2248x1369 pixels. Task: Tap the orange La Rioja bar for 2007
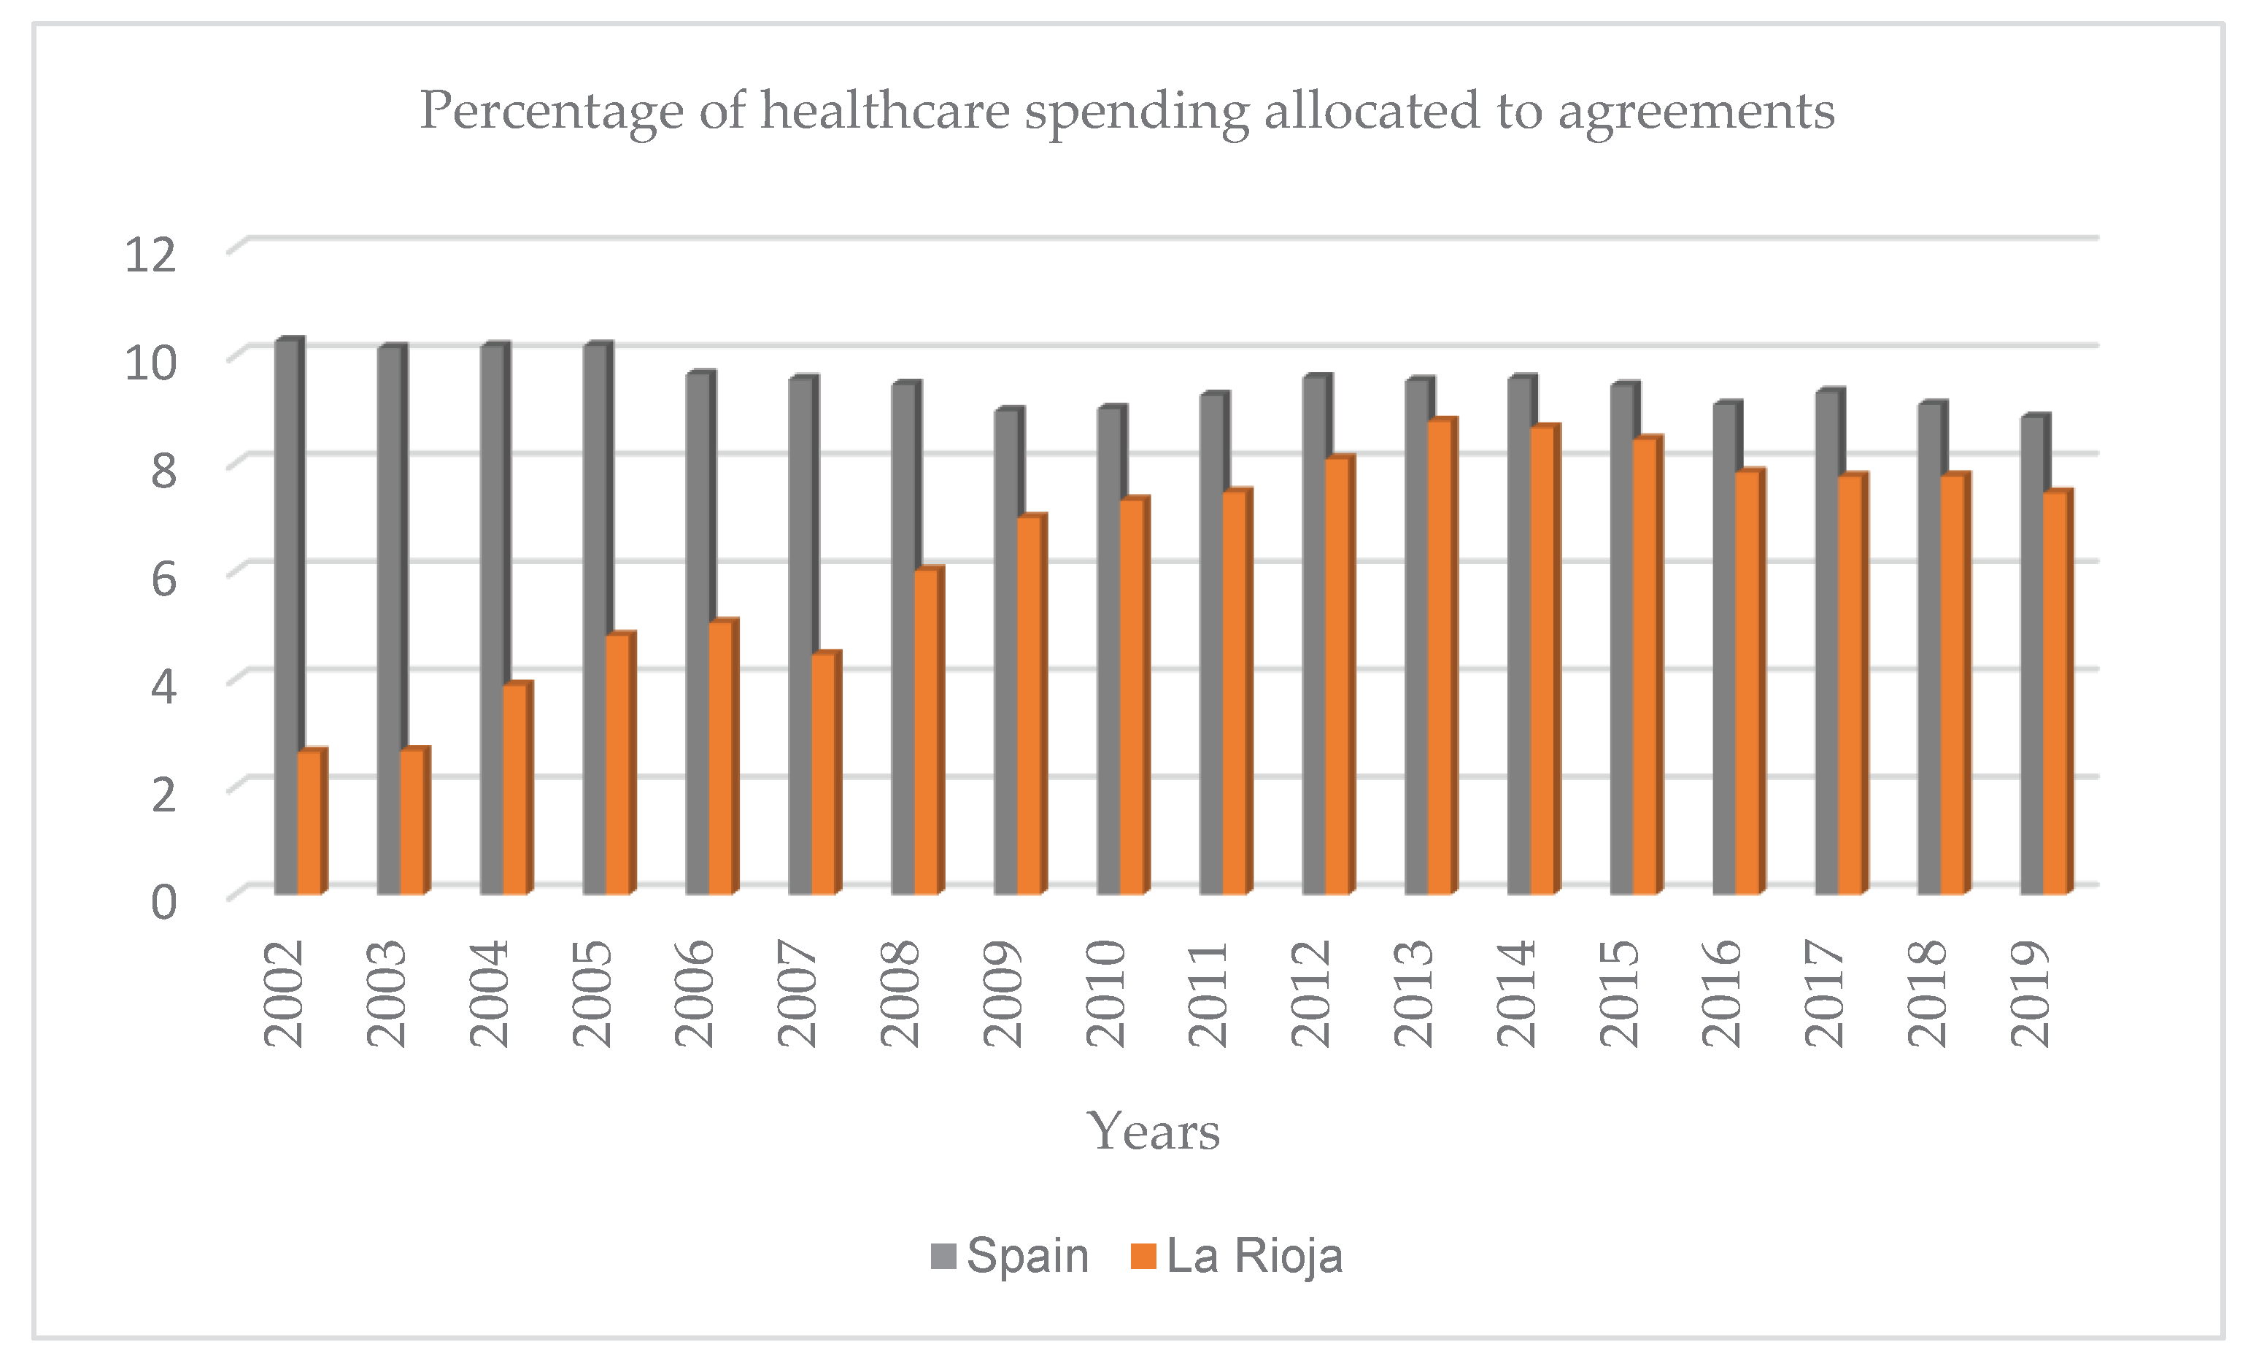824,776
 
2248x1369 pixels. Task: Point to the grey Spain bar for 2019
2033,657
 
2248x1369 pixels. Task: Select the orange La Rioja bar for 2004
515,790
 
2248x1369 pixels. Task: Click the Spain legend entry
1010,1256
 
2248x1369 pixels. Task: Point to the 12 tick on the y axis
150,255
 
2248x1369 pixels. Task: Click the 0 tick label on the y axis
163,902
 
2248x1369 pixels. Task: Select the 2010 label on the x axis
1107,994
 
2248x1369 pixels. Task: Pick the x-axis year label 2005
592,994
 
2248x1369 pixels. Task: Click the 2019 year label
2031,994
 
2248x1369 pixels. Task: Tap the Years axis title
1154,1132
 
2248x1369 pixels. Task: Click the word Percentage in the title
551,112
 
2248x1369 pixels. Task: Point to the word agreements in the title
1696,112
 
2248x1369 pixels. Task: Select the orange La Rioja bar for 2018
1953,684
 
